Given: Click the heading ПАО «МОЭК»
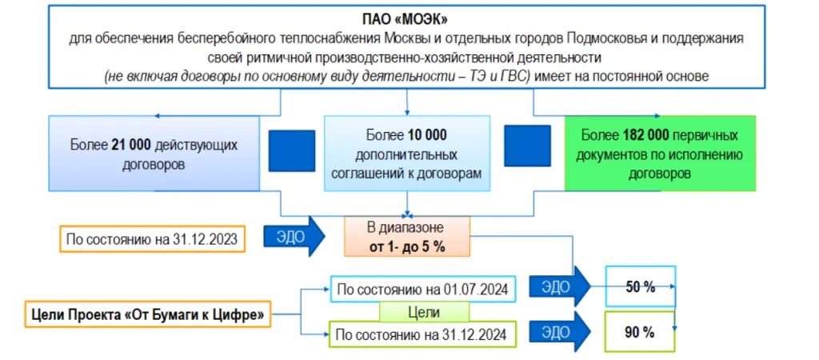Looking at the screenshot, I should tap(408, 19).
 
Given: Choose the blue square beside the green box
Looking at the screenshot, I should tap(527, 146).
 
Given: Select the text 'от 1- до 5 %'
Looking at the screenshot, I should tap(406, 246).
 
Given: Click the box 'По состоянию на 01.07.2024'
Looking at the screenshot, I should tap(424, 289).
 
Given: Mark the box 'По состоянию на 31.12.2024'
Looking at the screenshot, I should tap(424, 332).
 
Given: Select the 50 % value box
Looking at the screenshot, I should tap(640, 286).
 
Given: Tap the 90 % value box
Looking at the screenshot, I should tap(640, 332).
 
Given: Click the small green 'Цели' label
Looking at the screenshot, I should tap(423, 310).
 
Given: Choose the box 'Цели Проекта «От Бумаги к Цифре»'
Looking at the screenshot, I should tap(146, 314).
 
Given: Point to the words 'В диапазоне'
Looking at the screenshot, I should tap(406, 228).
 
